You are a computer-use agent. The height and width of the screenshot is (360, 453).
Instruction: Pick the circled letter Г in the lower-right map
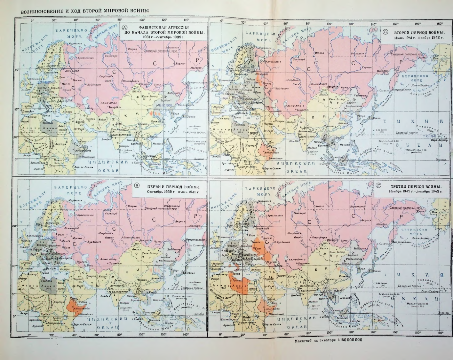click(x=379, y=186)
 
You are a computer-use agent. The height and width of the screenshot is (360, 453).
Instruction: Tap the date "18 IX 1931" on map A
click(x=165, y=105)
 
